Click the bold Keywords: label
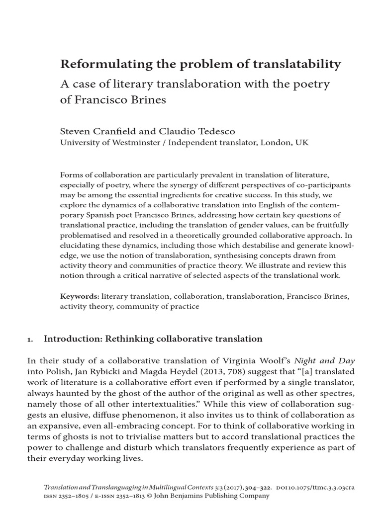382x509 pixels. tap(79, 296)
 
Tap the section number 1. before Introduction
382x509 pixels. tap(30, 339)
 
